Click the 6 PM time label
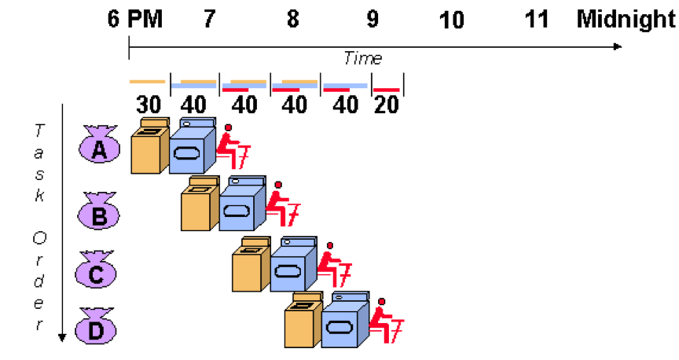[135, 18]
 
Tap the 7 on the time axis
[208, 18]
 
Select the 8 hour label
[292, 18]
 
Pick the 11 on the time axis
[537, 18]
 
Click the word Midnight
[626, 18]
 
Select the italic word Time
[363, 58]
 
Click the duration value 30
[148, 105]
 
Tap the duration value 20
[387, 105]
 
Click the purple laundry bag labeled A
[99, 147]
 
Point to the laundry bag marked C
[96, 271]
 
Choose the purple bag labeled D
[96, 329]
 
